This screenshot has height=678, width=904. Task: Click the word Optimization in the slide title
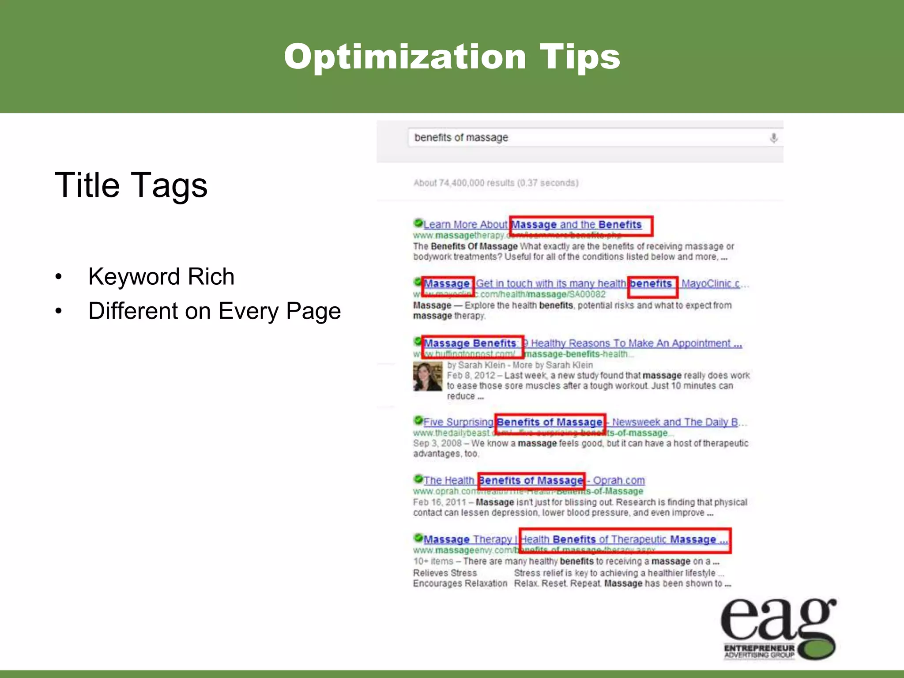click(x=405, y=57)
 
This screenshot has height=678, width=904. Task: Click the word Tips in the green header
click(x=580, y=57)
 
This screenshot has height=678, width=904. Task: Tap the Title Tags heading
click(x=131, y=185)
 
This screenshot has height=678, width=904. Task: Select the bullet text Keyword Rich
click(x=161, y=277)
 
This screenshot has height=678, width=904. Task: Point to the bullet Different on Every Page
click(x=215, y=311)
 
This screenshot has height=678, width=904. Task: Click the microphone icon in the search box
click(x=773, y=138)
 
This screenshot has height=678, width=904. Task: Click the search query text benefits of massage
click(x=461, y=138)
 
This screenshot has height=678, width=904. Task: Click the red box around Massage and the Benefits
click(x=580, y=226)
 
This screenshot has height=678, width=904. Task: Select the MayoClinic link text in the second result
click(x=710, y=284)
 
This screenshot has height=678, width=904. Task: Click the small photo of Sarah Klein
click(x=427, y=377)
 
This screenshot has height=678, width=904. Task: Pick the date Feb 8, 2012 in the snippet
click(x=471, y=376)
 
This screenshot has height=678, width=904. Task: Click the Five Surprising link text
click(x=458, y=422)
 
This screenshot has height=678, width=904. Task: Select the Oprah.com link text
click(x=618, y=480)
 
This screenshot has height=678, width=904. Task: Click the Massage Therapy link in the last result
click(x=467, y=539)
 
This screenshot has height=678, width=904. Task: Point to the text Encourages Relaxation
click(x=460, y=584)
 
